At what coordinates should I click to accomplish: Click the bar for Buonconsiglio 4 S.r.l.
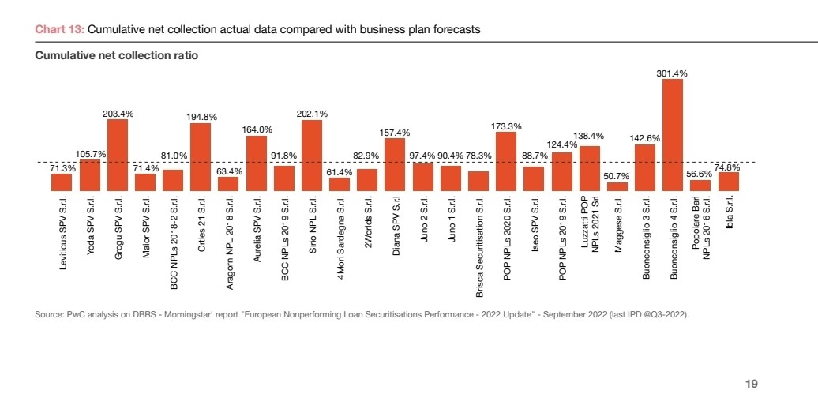[x=673, y=135]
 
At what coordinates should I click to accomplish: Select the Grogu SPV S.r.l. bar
[x=118, y=155]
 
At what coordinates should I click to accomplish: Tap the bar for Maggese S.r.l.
[x=617, y=186]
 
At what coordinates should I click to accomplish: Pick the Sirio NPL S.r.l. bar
[x=312, y=156]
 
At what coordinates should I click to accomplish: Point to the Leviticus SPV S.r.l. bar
[x=62, y=182]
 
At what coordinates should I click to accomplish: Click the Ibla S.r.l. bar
[x=728, y=182]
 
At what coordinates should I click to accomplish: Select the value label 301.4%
[x=672, y=73]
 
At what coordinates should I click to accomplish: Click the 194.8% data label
[x=201, y=117]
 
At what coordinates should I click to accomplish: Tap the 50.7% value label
[x=616, y=176]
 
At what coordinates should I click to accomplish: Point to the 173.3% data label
[x=505, y=126]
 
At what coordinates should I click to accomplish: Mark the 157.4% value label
[x=394, y=133]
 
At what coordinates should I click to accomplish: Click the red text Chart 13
[x=59, y=29]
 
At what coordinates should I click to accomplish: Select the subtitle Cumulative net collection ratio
[x=116, y=55]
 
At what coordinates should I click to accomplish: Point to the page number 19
[x=752, y=384]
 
